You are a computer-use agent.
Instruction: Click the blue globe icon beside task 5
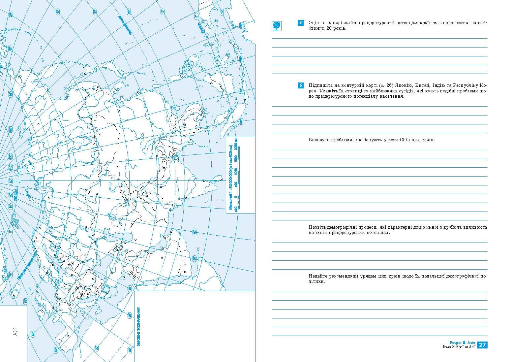(x=276, y=26)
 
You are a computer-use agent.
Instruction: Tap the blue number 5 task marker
(x=300, y=23)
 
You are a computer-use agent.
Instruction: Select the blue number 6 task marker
(x=300, y=85)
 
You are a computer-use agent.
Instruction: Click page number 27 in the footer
(x=482, y=345)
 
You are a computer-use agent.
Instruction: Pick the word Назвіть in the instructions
(x=317, y=227)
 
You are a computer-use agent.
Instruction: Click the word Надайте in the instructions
(x=318, y=276)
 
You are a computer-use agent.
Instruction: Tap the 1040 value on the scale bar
(x=236, y=170)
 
